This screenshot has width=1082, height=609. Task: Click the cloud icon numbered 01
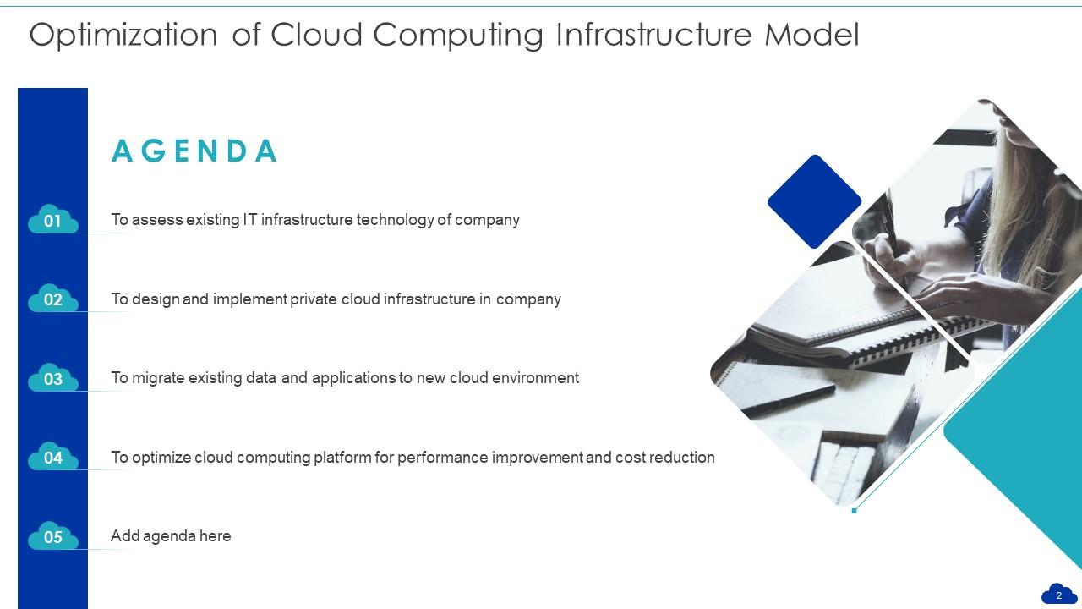[x=52, y=221]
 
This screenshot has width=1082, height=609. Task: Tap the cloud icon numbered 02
[x=52, y=299]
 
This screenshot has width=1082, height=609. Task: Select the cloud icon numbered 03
[x=52, y=379]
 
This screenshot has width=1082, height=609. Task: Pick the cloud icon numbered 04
[x=52, y=458]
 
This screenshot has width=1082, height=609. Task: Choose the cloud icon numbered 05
[x=52, y=537]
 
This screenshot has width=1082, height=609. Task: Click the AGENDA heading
[x=194, y=151]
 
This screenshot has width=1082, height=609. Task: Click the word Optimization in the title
[x=123, y=36]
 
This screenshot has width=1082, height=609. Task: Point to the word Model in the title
[x=811, y=36]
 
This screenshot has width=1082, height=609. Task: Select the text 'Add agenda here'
[x=171, y=536]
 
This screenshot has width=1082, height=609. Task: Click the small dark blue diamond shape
[x=814, y=201]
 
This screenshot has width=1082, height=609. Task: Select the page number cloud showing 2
[x=1058, y=595]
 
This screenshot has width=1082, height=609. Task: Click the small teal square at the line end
[x=855, y=511]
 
